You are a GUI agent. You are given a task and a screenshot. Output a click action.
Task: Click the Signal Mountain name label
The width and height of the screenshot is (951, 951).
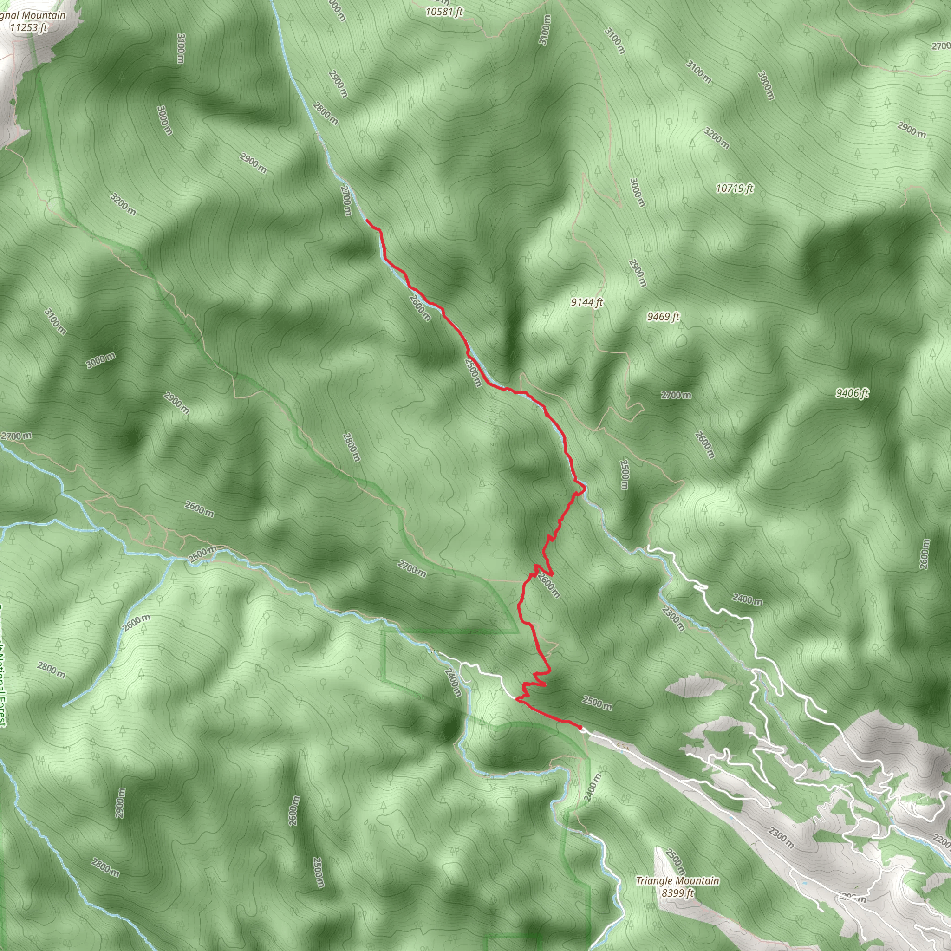pos(33,15)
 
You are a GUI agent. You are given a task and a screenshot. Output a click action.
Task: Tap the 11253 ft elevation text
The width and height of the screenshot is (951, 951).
pos(28,27)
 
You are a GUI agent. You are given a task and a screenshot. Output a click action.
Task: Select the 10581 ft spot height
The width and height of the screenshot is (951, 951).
pos(444,11)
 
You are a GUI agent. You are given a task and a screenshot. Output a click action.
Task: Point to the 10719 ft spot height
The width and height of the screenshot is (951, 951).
pos(735,188)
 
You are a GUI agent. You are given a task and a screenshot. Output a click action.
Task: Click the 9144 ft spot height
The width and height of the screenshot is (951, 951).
pos(587,302)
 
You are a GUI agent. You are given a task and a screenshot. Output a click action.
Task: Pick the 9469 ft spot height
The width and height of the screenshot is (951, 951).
pos(663,317)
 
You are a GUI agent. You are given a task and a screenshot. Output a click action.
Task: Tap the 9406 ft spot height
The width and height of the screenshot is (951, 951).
pos(852,393)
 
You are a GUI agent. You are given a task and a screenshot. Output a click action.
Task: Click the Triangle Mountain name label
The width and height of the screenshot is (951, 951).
pos(677,880)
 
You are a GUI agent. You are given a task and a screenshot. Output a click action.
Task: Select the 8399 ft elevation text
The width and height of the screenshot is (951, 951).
pos(678,893)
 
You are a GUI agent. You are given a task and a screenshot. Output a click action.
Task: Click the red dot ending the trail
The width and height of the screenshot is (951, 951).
pos(580,727)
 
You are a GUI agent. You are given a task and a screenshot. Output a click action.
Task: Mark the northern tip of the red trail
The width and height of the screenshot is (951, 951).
pos(367,221)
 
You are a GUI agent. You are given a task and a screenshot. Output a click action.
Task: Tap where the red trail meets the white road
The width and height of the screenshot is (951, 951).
pos(516,698)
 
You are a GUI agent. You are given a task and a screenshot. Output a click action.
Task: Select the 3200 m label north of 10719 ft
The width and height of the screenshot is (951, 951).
pos(716,138)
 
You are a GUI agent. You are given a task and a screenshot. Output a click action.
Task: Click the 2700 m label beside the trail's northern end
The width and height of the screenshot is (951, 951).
pos(346,200)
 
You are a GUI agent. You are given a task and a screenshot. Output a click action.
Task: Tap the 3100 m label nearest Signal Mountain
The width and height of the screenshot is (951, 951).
pos(181,48)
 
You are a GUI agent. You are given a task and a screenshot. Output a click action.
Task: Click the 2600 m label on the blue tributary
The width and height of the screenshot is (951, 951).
pos(137,623)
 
